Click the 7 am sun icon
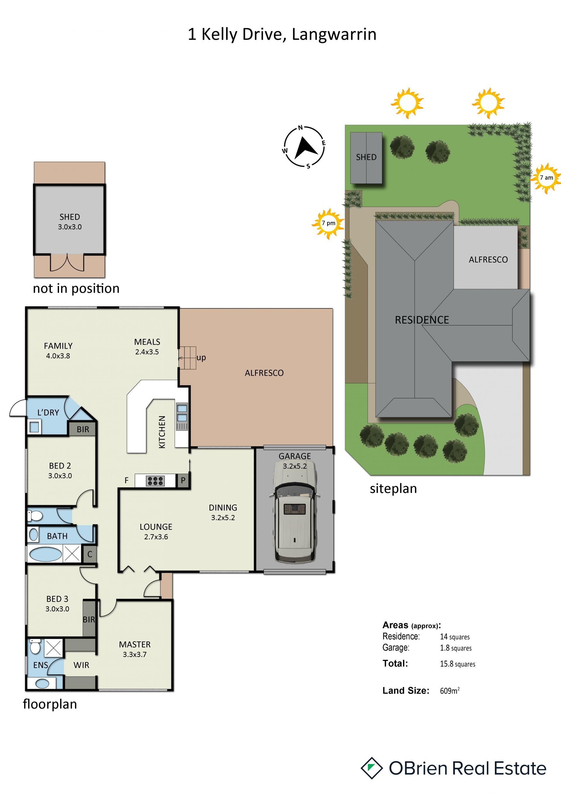[x=546, y=178]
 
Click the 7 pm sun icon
[x=328, y=223]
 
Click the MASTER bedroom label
[x=135, y=645]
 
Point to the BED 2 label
[x=60, y=466]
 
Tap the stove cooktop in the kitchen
[x=155, y=481]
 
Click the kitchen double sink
[x=182, y=413]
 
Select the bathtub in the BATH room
[x=46, y=554]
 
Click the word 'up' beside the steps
[x=201, y=358]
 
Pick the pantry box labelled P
[x=183, y=480]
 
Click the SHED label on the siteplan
[x=366, y=157]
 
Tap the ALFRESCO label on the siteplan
[x=488, y=260]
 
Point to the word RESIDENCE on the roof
[x=422, y=320]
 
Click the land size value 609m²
[x=450, y=690]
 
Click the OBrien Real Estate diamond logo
[x=372, y=768]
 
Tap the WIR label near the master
[x=81, y=665]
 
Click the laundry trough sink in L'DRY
[x=34, y=427]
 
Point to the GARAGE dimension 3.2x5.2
[x=295, y=466]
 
